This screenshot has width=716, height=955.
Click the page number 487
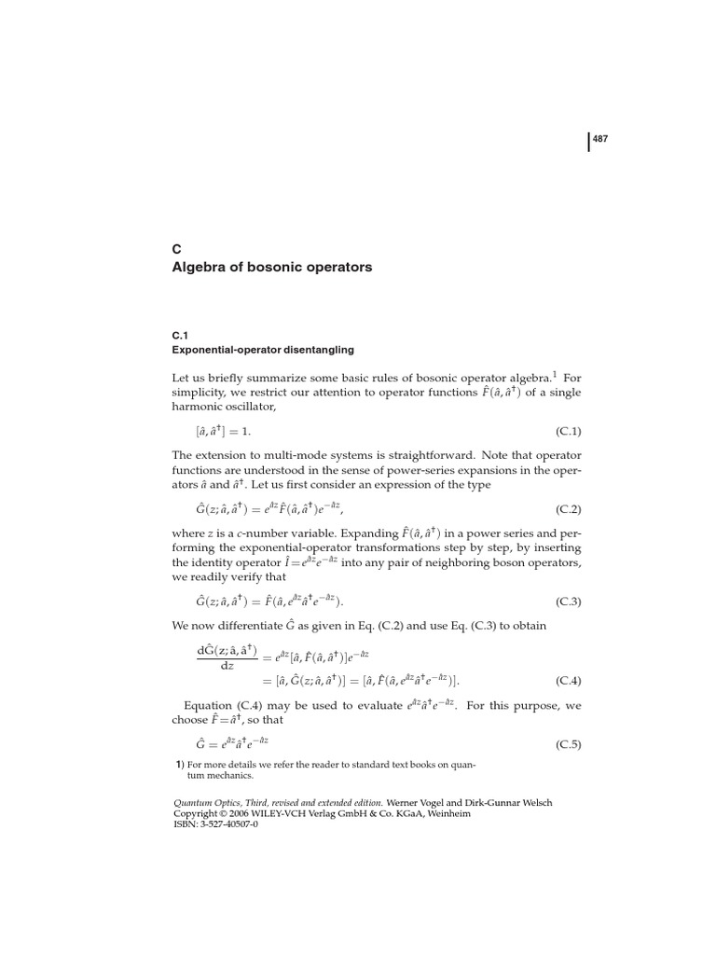point(600,140)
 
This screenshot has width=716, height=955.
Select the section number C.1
point(181,334)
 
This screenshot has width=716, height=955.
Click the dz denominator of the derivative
point(227,665)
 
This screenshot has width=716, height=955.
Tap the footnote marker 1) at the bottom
point(180,765)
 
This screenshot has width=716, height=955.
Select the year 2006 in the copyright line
point(240,813)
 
